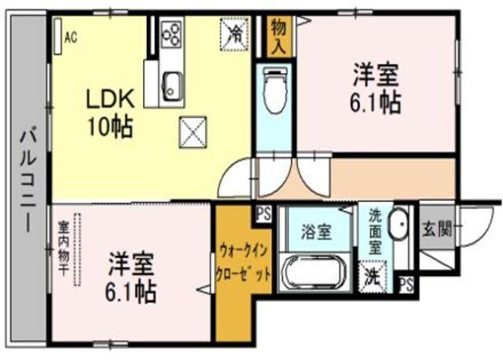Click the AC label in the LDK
[x=70, y=35]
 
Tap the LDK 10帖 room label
[x=110, y=111]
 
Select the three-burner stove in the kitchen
[x=172, y=34]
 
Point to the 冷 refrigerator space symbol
[x=235, y=33]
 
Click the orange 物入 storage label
[x=278, y=36]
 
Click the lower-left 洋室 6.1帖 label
[x=131, y=278]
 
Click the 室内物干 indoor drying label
[x=63, y=248]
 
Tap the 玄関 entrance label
[x=437, y=230]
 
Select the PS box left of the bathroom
[x=263, y=212]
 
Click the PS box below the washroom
[x=406, y=284]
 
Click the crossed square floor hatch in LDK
[x=193, y=130]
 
